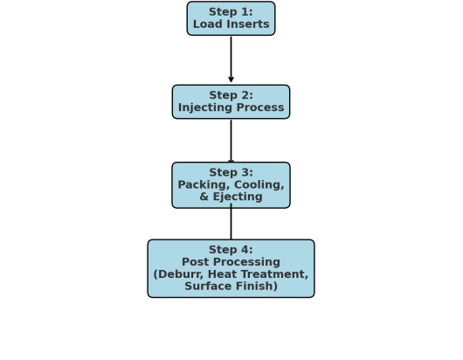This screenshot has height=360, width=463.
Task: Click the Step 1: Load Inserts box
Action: click(231, 18)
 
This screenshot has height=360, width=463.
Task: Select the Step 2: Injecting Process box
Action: click(231, 101)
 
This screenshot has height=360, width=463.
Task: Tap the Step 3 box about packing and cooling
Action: click(231, 184)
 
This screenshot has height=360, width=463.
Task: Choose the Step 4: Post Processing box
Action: click(231, 268)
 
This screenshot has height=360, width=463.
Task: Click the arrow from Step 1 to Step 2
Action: click(231, 59)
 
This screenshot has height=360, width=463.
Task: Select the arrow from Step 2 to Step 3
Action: click(231, 140)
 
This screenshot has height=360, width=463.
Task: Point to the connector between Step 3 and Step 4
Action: click(231, 224)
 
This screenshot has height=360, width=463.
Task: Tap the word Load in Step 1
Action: click(207, 24)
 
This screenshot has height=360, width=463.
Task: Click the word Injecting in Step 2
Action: click(207, 108)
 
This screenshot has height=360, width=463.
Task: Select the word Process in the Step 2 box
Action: click(260, 108)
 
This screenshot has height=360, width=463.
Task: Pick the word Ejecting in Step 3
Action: click(238, 197)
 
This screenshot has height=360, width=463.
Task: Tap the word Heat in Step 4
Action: click(226, 274)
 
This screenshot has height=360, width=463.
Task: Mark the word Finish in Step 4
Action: click(256, 287)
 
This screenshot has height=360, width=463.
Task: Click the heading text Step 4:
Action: click(231, 250)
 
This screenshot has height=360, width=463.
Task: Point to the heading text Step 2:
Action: click(231, 95)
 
